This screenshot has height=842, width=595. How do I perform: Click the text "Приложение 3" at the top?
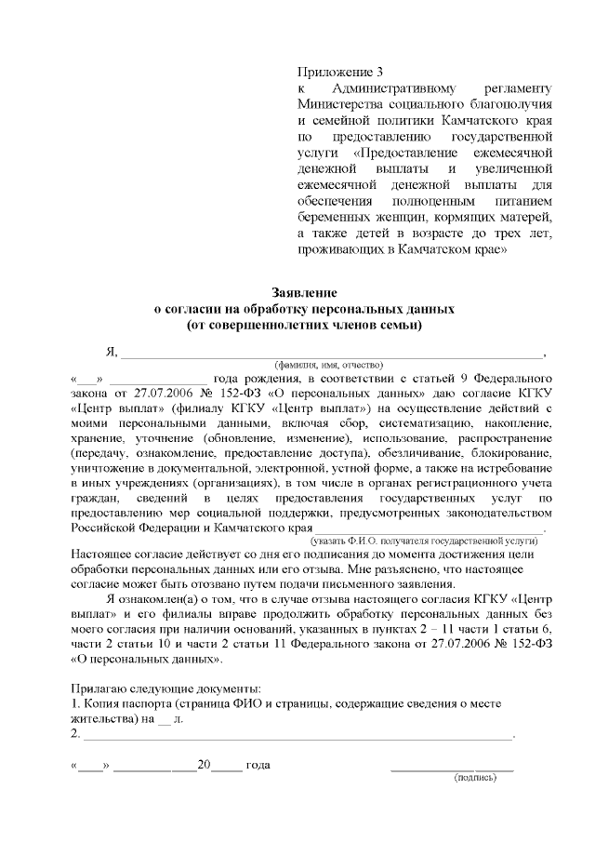(339, 73)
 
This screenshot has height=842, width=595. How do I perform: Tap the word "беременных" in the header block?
(336, 217)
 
